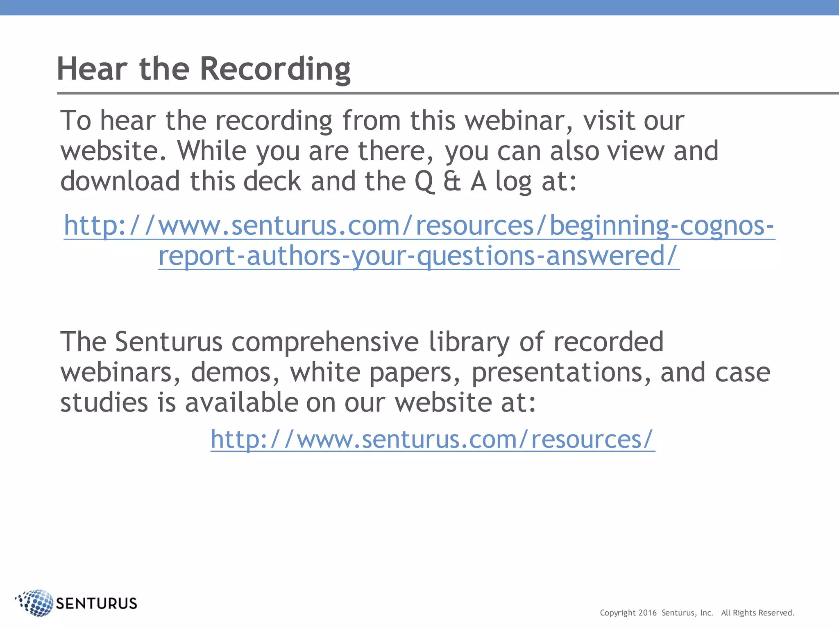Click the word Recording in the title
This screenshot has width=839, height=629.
(x=275, y=69)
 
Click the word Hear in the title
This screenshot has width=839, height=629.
(x=92, y=69)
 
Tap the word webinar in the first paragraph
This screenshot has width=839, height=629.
(x=519, y=121)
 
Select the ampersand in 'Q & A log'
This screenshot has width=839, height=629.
(x=452, y=181)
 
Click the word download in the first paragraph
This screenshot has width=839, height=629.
(x=120, y=181)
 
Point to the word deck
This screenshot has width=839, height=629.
(x=272, y=181)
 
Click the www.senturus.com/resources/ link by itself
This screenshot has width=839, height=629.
(x=433, y=439)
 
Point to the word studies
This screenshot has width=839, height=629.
(x=104, y=403)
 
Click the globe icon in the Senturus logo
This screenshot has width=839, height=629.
(x=36, y=603)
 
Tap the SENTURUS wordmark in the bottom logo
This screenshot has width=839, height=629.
(x=96, y=604)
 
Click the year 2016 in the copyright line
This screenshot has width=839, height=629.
(x=647, y=613)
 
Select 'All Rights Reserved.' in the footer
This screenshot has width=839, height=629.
(x=758, y=613)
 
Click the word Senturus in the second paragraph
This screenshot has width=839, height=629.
(x=168, y=342)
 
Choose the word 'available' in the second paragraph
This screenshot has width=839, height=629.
(x=242, y=403)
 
